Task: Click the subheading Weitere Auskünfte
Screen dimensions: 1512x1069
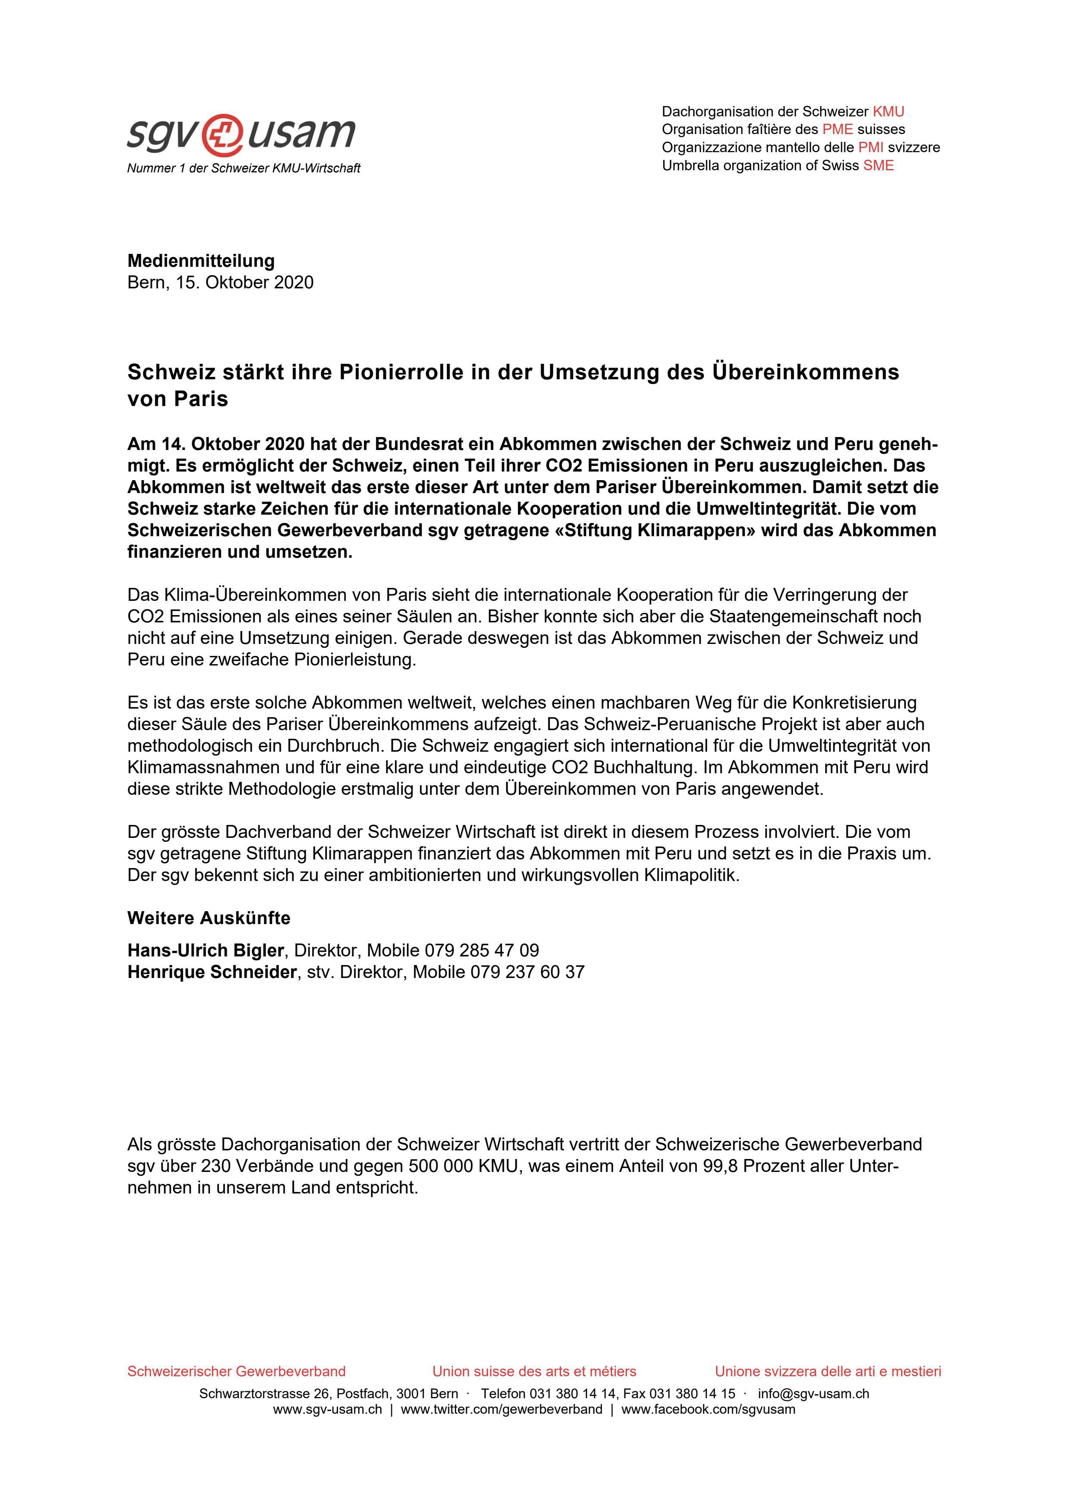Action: click(x=208, y=918)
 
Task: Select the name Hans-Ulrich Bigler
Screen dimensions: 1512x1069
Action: click(x=206, y=950)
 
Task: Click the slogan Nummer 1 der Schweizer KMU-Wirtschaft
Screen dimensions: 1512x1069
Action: click(x=244, y=169)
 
